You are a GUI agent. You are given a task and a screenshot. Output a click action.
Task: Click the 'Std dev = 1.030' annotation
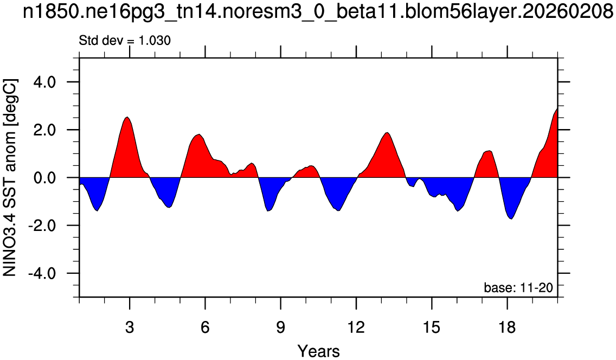[x=125, y=41]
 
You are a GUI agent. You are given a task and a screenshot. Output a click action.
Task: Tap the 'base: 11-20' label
[x=518, y=288]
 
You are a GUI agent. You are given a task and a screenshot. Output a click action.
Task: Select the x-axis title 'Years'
[x=319, y=351]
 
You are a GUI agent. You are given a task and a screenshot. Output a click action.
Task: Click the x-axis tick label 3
[x=130, y=326]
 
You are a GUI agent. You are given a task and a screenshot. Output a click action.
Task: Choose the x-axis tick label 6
[x=205, y=326]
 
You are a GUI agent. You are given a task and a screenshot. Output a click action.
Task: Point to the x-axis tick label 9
[x=280, y=326]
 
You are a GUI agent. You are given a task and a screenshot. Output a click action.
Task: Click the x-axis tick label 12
[x=356, y=326]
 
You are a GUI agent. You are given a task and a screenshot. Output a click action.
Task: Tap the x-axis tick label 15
[x=431, y=326]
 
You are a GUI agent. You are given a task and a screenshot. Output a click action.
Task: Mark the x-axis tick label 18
[x=507, y=326]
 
